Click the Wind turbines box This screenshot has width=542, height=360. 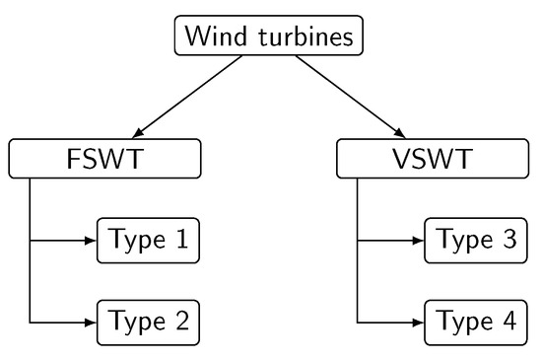pyautogui.click(x=268, y=36)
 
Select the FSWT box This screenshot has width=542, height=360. pyautogui.click(x=105, y=159)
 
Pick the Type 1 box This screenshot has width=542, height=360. pyautogui.click(x=149, y=240)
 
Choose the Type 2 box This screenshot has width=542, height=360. pyautogui.click(x=149, y=321)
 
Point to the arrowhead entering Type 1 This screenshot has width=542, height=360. pyautogui.click(x=91, y=240)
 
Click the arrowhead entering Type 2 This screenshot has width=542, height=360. pyautogui.click(x=91, y=321)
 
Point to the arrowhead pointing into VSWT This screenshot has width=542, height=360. pyautogui.click(x=400, y=133)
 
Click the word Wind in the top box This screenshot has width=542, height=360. pyautogui.click(x=213, y=36)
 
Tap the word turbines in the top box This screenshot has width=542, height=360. pyautogui.click(x=300, y=36)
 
